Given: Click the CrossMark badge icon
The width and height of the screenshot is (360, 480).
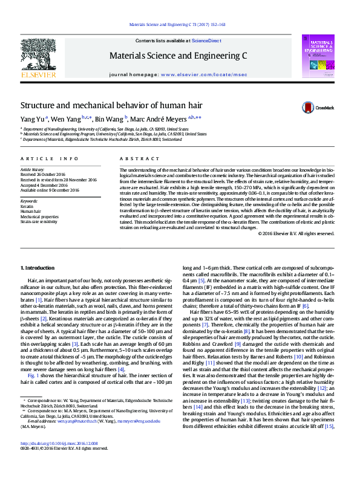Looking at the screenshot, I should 309,108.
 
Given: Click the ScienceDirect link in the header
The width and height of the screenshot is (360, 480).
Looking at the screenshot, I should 206,41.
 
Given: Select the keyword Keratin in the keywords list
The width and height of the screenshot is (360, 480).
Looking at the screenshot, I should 27,206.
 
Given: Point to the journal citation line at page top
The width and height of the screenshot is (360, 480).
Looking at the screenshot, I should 178,25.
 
